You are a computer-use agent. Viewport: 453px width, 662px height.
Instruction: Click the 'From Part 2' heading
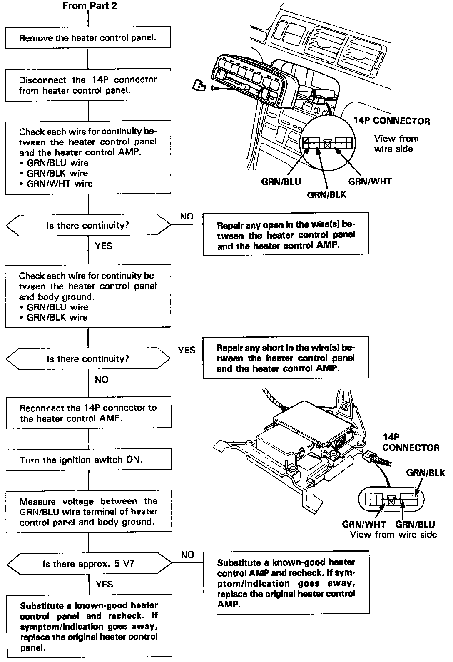(90, 6)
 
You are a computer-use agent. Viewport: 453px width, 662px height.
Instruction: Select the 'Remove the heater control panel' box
(88, 38)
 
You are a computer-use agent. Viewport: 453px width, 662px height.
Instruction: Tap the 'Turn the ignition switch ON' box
(89, 460)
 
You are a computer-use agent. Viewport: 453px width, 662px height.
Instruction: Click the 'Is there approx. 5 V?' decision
(88, 564)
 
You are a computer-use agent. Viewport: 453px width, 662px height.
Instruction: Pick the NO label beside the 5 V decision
(187, 555)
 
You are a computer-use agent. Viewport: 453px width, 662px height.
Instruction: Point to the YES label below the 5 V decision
(104, 584)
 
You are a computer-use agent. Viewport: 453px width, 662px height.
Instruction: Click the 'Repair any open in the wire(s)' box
(286, 235)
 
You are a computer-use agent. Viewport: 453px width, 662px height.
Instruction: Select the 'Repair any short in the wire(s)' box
(286, 358)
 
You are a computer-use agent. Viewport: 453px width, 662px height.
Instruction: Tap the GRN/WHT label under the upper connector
(370, 181)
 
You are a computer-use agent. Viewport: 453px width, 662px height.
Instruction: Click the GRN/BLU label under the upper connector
(281, 182)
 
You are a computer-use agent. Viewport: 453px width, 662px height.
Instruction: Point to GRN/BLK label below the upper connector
(326, 194)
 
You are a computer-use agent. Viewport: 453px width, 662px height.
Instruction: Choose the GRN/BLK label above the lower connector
(426, 473)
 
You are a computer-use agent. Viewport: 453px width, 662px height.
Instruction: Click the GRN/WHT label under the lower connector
(364, 524)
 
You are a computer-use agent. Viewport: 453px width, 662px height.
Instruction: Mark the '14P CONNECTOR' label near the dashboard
(391, 121)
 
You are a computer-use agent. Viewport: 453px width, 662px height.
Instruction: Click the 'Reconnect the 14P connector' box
(88, 413)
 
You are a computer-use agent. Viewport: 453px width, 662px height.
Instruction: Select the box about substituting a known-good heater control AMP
(286, 583)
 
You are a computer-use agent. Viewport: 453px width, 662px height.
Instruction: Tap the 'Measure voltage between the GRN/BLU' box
(89, 512)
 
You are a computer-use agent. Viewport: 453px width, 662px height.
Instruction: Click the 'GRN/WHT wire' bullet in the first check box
(59, 184)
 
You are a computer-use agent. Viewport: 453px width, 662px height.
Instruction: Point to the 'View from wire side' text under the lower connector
(393, 535)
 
